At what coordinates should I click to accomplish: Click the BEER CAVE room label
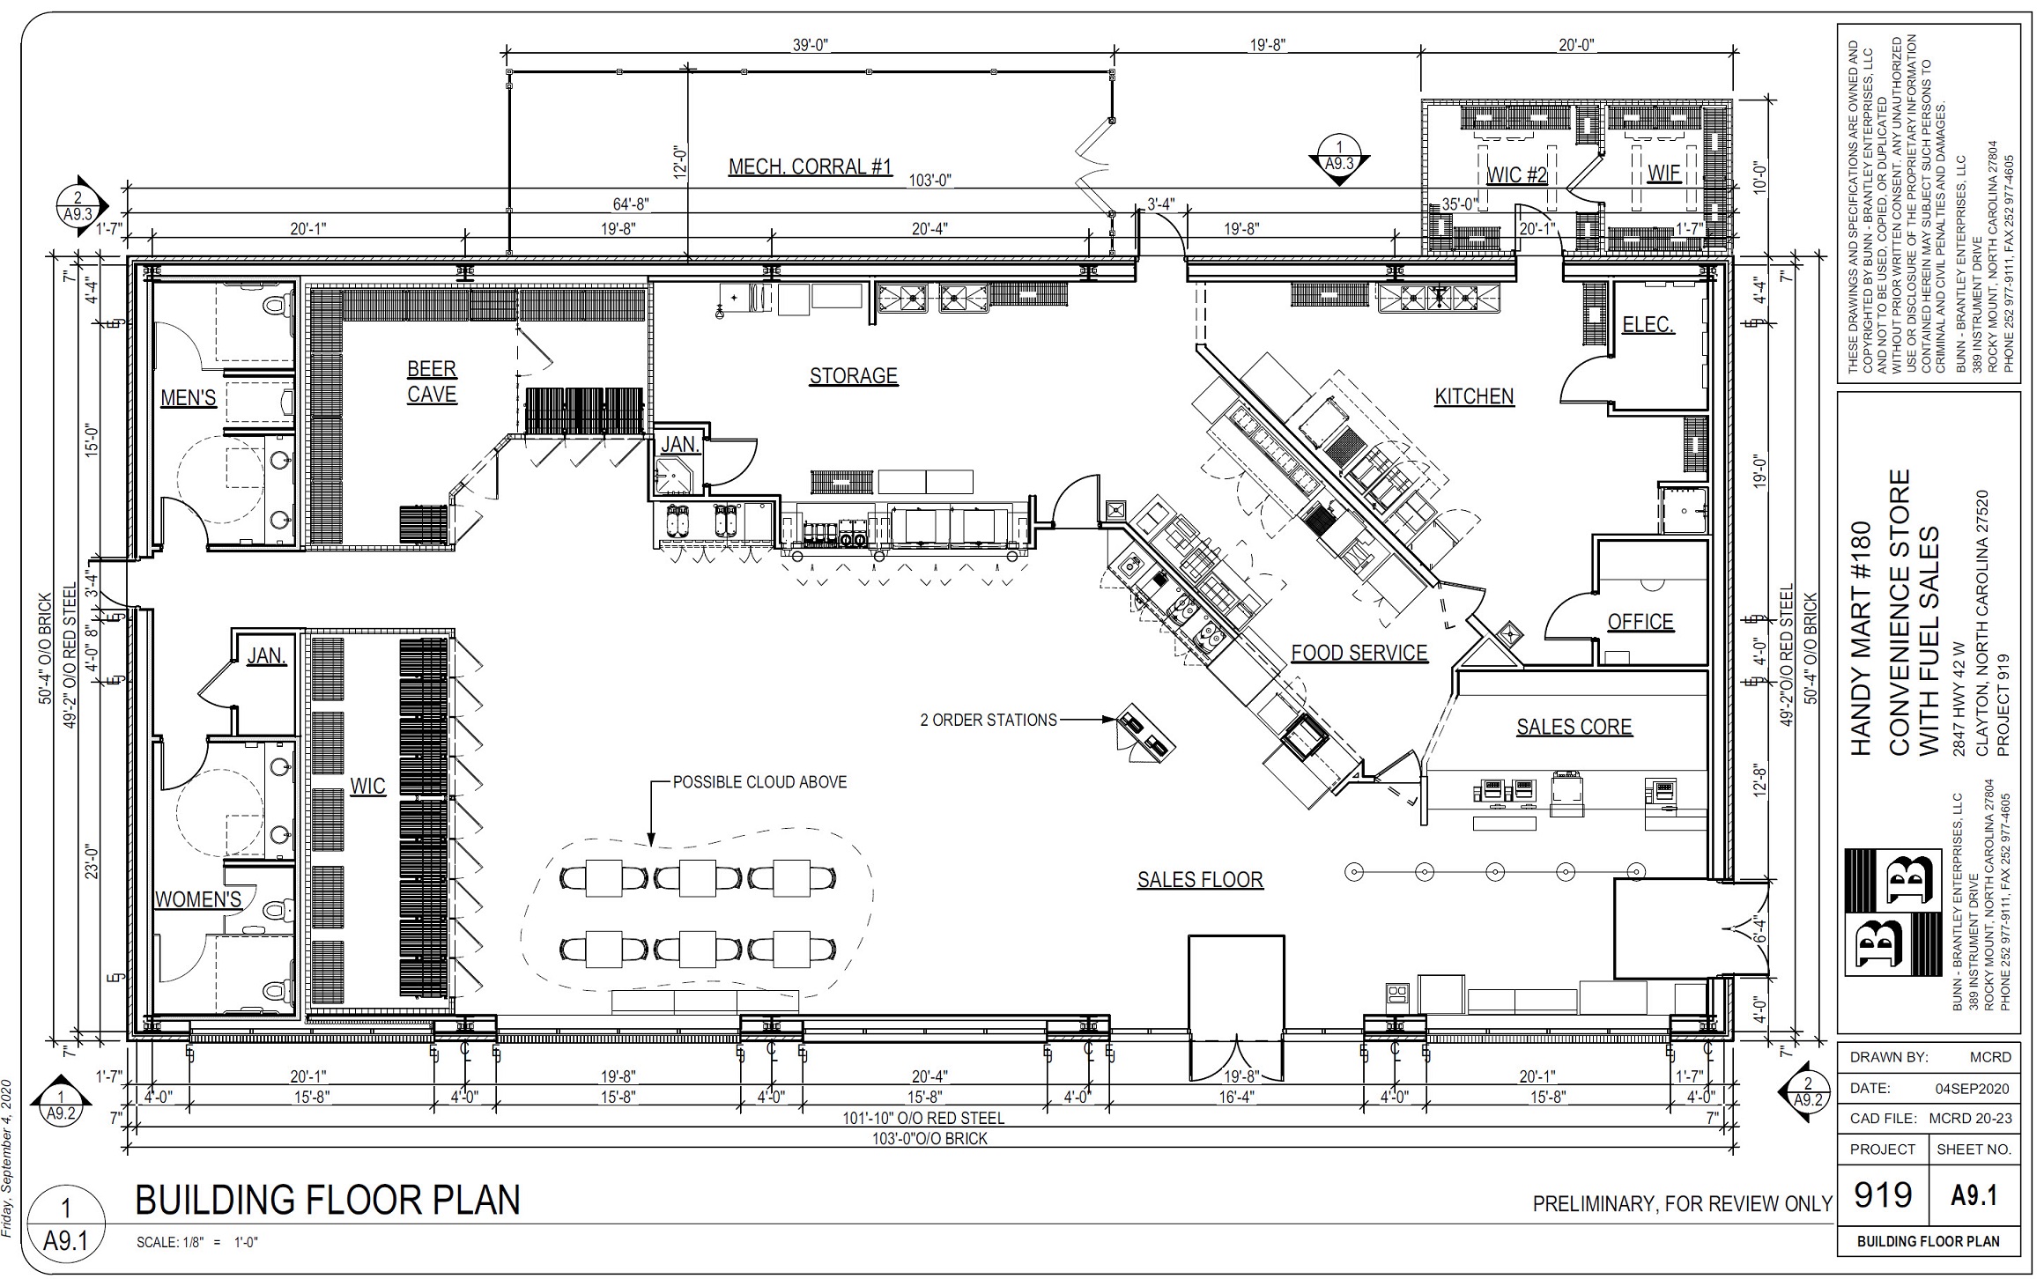[x=432, y=381]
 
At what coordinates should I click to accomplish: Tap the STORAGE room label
[x=854, y=376]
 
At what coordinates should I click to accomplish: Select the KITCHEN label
[x=1474, y=396]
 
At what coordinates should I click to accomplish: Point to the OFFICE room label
[x=1640, y=622]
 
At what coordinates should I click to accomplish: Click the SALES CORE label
[x=1574, y=727]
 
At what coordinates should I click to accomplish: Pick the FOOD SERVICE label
[x=1359, y=653]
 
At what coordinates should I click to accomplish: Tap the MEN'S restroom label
[x=189, y=398]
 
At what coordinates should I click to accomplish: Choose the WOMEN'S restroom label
[x=198, y=899]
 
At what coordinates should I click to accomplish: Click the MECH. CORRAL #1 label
[x=811, y=166]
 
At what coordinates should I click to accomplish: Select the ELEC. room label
[x=1648, y=325]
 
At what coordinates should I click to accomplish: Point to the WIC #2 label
[x=1517, y=174]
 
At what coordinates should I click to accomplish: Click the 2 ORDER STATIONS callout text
[x=989, y=720]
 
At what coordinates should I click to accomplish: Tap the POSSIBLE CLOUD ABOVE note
[x=760, y=782]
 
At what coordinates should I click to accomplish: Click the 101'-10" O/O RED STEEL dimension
[x=924, y=1118]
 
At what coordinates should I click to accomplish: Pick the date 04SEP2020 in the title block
[x=1972, y=1089]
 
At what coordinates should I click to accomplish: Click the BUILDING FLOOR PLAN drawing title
[x=328, y=1200]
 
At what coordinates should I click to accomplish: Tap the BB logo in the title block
[x=1892, y=913]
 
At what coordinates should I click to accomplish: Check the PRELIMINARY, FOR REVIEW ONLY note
[x=1682, y=1203]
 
